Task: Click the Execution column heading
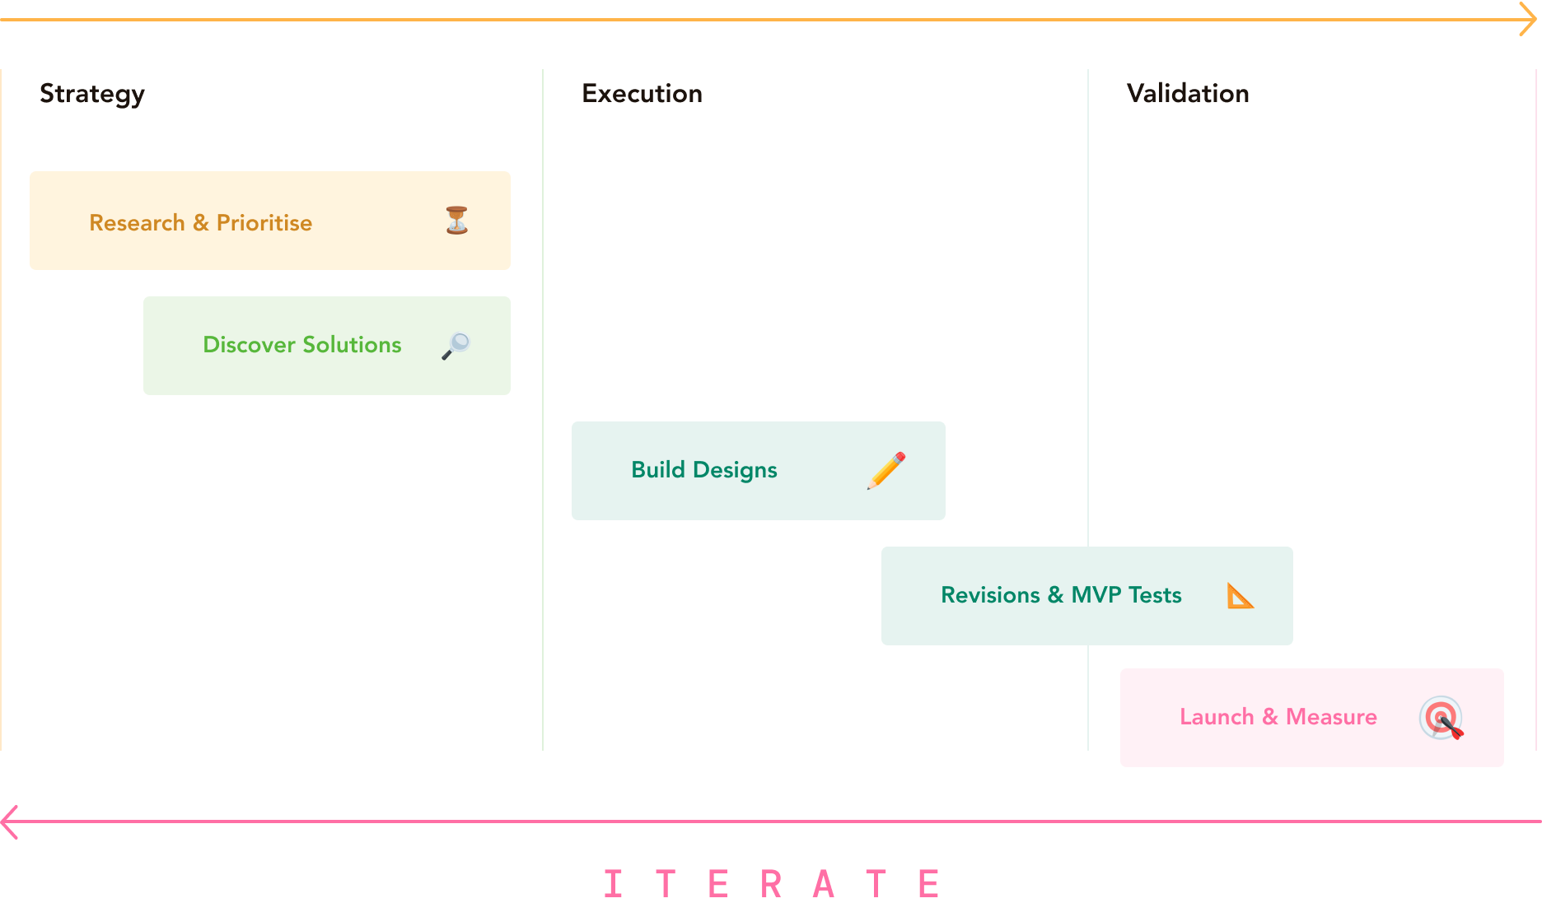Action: click(642, 94)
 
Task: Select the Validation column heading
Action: click(1188, 94)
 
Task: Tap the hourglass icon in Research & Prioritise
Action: click(457, 221)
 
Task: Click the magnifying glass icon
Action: click(456, 346)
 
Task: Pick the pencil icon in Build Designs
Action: click(886, 471)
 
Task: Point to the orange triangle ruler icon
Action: click(1240, 596)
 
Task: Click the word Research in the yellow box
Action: click(137, 223)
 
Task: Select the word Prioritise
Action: click(264, 223)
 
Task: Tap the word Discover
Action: click(249, 345)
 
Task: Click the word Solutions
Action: click(352, 345)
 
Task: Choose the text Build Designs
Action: click(704, 470)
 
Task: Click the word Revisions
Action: click(990, 595)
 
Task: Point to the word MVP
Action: click(1096, 595)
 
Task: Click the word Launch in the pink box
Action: click(1217, 717)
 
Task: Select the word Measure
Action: click(1331, 717)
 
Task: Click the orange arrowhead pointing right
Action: click(1529, 19)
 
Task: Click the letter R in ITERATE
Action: click(771, 884)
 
